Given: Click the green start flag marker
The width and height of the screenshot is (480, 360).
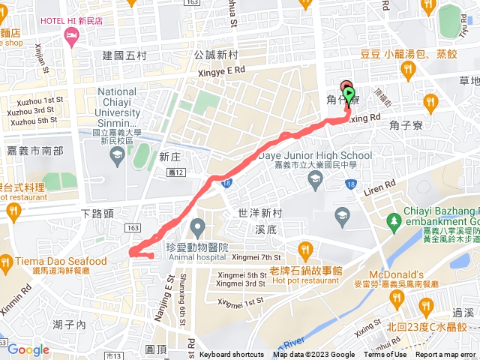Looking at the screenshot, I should click(x=349, y=93).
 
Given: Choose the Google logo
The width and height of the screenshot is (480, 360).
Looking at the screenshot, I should click(x=28, y=349).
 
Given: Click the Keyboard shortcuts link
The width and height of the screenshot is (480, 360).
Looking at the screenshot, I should click(x=231, y=355).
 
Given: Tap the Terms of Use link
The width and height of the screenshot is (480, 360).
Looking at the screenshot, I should click(x=385, y=355).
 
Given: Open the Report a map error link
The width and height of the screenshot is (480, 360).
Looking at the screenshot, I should click(x=445, y=355).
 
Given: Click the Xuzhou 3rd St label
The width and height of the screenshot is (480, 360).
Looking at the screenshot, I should click(x=32, y=110).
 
